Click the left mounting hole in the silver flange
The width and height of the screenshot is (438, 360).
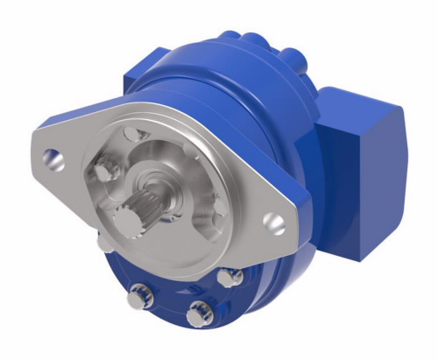53,159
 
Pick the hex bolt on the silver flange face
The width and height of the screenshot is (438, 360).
106,169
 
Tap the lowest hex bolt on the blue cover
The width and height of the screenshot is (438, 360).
199,311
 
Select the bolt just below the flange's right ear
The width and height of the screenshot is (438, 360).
231,278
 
